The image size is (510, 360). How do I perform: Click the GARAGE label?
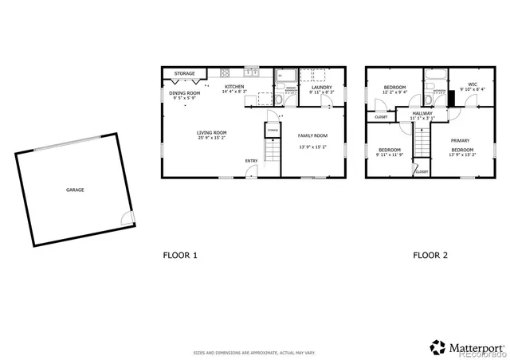click(75, 190)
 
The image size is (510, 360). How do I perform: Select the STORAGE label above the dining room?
click(184, 73)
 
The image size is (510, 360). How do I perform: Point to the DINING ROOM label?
click(184, 93)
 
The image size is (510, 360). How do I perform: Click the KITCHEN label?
click(233, 86)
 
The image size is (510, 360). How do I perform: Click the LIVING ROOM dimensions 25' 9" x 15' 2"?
click(213, 138)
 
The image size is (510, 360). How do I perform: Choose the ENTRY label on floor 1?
click(251, 161)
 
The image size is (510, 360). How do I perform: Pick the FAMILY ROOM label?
click(312, 136)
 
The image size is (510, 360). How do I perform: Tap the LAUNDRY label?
click(321, 87)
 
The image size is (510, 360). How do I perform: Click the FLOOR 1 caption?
click(179, 256)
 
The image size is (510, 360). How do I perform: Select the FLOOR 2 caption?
click(430, 256)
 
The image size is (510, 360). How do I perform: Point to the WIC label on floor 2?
click(473, 84)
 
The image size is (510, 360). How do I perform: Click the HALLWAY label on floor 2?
click(422, 114)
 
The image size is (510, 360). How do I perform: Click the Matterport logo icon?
click(438, 346)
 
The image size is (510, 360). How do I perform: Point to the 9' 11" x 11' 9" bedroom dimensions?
click(390, 155)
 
